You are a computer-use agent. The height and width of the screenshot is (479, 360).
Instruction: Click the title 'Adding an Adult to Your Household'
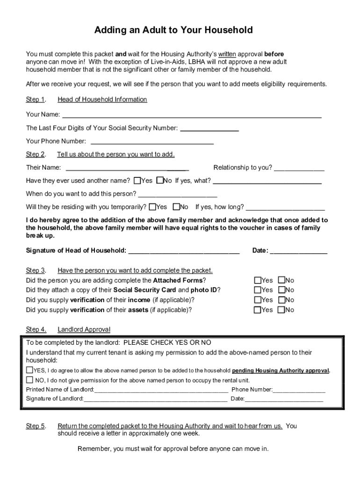click(x=173, y=30)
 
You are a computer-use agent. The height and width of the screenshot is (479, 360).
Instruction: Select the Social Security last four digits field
click(x=209, y=129)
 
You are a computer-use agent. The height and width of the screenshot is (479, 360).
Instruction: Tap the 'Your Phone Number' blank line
click(x=152, y=142)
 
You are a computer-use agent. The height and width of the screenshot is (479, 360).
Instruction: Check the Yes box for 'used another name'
click(x=137, y=181)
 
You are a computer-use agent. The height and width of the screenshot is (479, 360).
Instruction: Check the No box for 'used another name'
click(x=160, y=181)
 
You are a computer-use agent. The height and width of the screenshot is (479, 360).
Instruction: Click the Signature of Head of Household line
click(x=184, y=252)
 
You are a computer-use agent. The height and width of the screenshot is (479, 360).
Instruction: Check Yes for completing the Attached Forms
click(x=258, y=280)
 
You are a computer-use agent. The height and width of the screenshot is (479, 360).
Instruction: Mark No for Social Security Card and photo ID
click(x=281, y=290)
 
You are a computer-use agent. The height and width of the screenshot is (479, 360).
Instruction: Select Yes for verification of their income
click(x=258, y=300)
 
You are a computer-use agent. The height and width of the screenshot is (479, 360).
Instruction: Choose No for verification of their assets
click(x=281, y=310)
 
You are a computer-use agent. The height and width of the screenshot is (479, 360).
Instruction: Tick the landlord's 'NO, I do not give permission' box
click(x=30, y=380)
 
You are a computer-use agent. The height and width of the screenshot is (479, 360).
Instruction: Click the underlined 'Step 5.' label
click(x=36, y=426)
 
